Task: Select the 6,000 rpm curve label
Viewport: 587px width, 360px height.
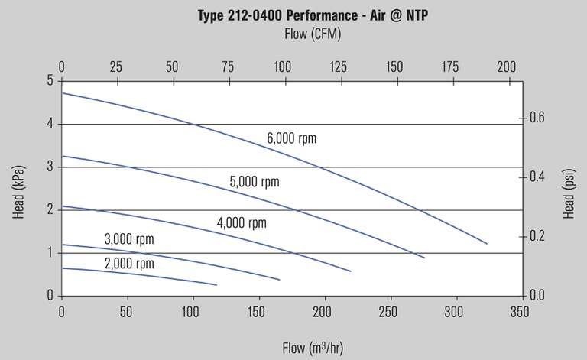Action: coord(291,138)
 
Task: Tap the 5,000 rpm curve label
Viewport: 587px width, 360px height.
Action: coord(255,182)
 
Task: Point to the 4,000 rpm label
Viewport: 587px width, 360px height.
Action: coord(242,223)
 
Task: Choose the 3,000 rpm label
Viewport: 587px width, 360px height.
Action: coord(129,239)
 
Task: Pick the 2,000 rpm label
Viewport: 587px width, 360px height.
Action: coord(129,264)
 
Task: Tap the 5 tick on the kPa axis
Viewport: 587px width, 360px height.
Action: coord(50,80)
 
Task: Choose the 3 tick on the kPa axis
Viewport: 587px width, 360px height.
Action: coord(50,167)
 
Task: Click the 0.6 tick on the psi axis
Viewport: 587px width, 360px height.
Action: coord(538,118)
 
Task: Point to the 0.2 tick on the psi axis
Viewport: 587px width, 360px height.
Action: coord(538,235)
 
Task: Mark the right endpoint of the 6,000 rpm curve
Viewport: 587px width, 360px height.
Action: coord(487,243)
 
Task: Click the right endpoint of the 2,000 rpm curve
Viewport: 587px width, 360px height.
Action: coord(217,285)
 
